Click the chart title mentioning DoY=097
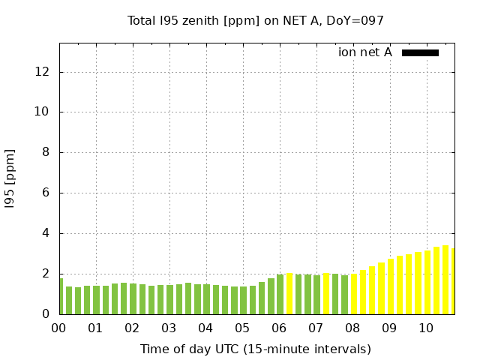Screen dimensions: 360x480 (x=256, y=20)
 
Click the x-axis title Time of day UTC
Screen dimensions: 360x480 (x=256, y=349)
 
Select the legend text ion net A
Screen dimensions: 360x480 (x=365, y=52)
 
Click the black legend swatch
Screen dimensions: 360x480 (x=420, y=52)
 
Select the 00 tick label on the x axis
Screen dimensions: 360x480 (x=58, y=328)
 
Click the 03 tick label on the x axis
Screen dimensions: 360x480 (x=169, y=328)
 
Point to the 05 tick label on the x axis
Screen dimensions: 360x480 (x=242, y=328)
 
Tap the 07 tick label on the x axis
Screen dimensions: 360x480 (x=316, y=328)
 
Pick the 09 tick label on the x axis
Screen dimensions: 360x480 (x=389, y=328)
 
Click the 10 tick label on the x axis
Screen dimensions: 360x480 (x=426, y=328)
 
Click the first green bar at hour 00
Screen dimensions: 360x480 (x=61, y=296)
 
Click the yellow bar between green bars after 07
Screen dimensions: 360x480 (x=326, y=293)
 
